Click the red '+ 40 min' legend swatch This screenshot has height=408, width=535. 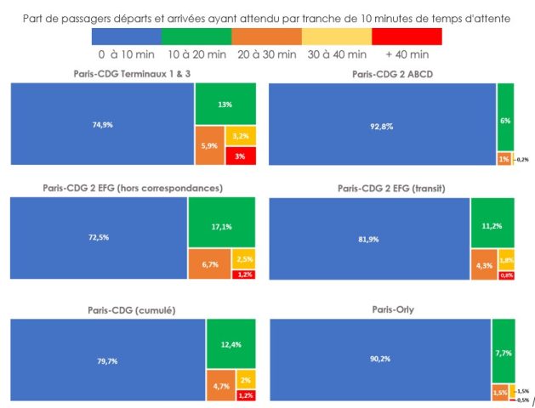tap(407, 36)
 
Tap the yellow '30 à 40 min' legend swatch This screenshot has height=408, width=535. tap(337, 36)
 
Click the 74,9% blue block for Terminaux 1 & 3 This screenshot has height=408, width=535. tap(102, 124)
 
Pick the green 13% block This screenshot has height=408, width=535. tap(225, 104)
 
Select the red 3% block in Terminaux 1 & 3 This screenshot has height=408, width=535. tap(239, 156)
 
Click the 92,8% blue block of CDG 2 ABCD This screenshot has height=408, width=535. tap(382, 124)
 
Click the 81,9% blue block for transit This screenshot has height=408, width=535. tap(368, 238)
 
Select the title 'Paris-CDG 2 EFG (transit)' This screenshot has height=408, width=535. tap(391, 188)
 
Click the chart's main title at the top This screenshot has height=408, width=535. tap(267, 16)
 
